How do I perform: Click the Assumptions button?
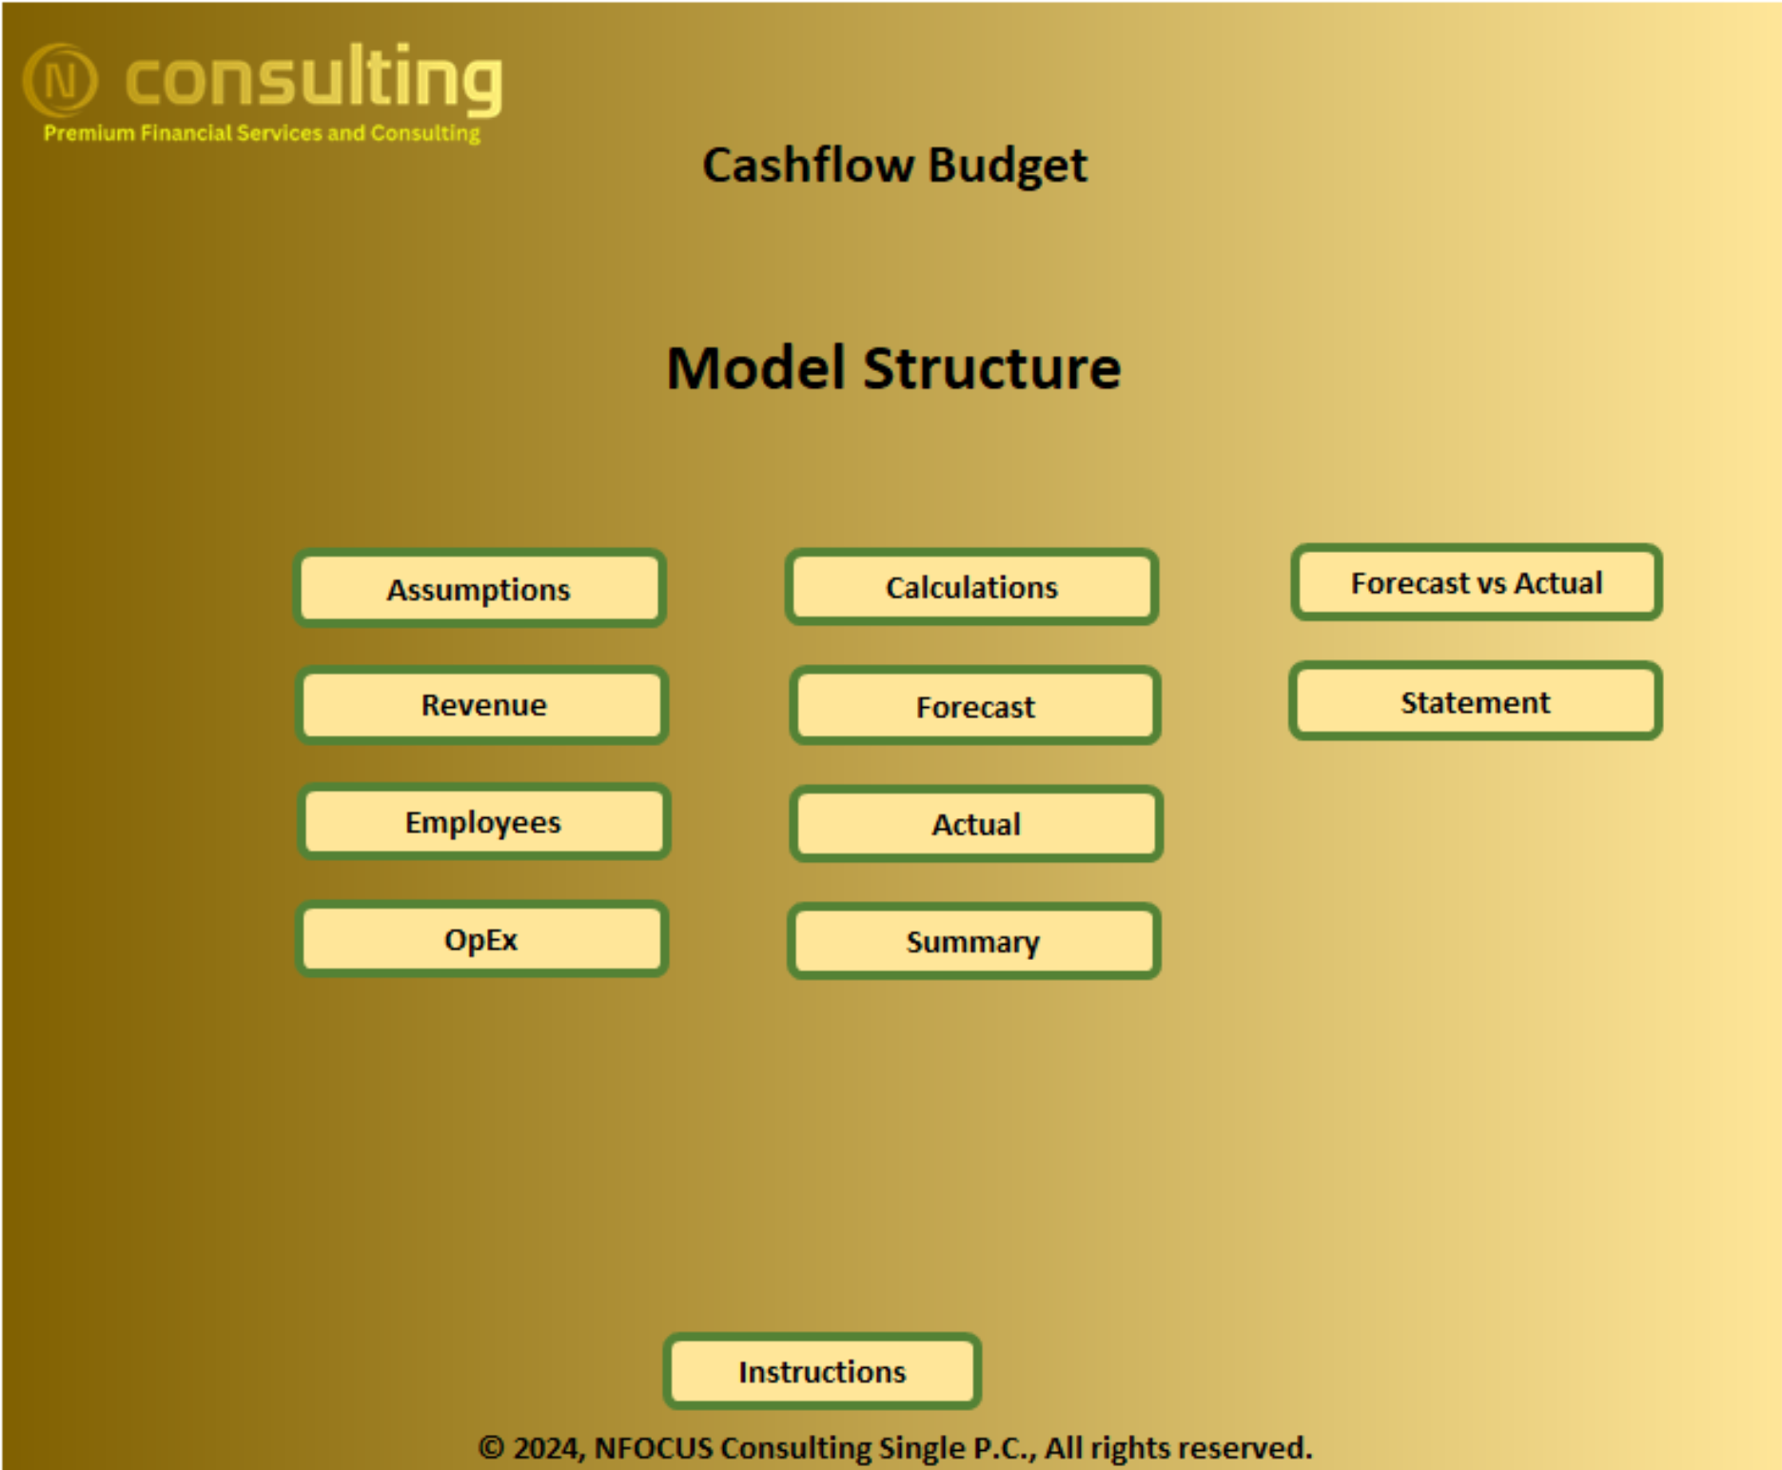pos(480,588)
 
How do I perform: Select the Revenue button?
pos(482,705)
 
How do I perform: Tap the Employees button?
pos(484,822)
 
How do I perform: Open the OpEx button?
pos(482,939)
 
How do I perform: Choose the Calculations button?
pos(971,587)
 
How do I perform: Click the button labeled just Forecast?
pos(975,706)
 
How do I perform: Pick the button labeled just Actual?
pos(976,824)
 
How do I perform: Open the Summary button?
pos(973,941)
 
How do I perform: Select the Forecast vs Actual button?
pos(1477,582)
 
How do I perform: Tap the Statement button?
pos(1476,701)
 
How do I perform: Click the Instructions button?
pos(822,1371)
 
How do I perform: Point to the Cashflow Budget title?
pos(894,166)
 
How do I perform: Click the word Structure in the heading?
pos(992,368)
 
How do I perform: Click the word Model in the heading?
pos(756,368)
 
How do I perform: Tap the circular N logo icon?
pos(60,80)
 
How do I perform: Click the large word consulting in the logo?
pos(314,78)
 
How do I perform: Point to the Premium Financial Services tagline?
pos(262,133)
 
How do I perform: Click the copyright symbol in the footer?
pos(491,1448)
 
